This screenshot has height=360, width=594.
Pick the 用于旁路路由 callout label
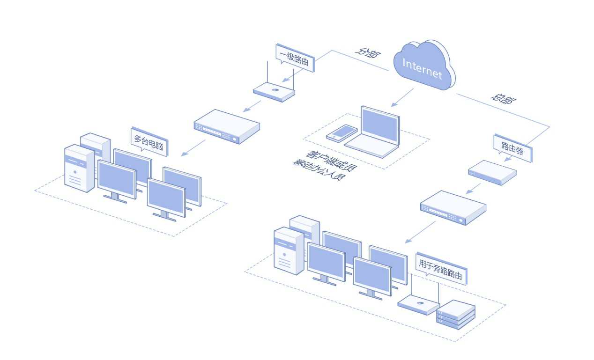441,269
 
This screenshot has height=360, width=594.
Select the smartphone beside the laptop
342,132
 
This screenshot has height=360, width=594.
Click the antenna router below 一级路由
274,91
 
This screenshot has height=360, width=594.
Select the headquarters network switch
453,207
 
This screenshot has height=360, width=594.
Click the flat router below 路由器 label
492,172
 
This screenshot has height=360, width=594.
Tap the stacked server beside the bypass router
456,313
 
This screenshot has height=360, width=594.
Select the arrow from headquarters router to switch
473,188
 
